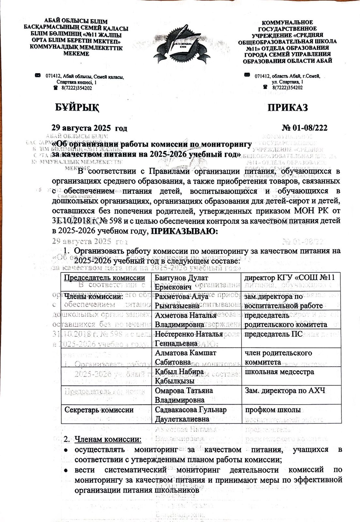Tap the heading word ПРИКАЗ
(x=288, y=107)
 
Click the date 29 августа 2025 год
(x=90, y=128)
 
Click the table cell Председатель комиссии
(x=104, y=278)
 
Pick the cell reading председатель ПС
(x=274, y=334)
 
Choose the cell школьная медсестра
(x=279, y=372)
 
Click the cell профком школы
(x=273, y=409)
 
